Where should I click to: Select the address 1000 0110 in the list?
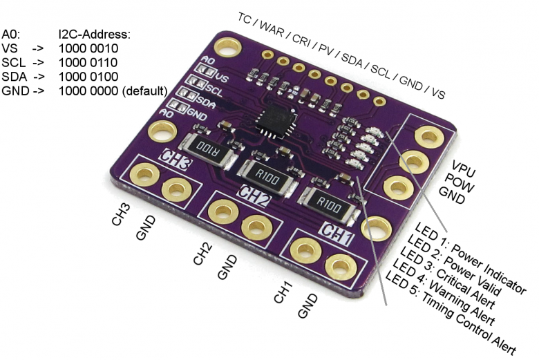point(88,62)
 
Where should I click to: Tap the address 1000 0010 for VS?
point(88,48)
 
